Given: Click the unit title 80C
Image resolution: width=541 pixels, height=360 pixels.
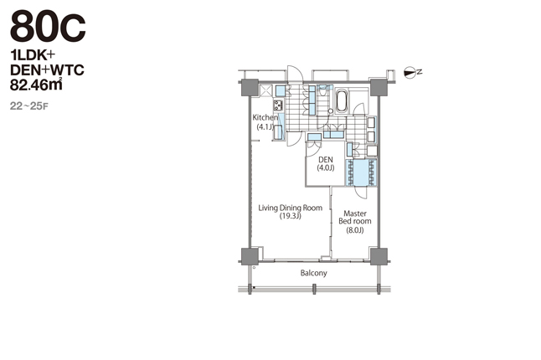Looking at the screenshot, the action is click(48, 26).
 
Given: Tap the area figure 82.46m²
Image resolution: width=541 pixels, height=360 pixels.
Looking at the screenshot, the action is click(36, 85).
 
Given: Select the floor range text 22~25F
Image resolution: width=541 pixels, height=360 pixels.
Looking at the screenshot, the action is click(29, 106).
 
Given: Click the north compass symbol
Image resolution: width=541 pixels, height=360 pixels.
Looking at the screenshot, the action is click(413, 72).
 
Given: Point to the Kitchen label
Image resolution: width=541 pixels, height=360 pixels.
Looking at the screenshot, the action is click(265, 117).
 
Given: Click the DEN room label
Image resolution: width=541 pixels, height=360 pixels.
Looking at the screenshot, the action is click(326, 160).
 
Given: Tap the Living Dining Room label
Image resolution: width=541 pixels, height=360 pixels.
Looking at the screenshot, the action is click(290, 208).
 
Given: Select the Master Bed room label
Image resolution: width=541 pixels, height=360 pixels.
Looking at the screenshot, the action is click(355, 217).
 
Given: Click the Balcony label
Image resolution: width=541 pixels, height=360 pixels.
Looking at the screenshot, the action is click(313, 273).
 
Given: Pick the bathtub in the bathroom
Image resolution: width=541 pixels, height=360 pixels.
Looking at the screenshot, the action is click(342, 100).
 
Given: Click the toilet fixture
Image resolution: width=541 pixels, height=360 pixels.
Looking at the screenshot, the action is click(323, 90).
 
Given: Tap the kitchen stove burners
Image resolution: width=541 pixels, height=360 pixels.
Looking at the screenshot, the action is click(278, 105).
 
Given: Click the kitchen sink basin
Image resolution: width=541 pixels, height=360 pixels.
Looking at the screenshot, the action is click(278, 132).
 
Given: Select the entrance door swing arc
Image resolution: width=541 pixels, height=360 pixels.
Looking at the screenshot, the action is click(296, 73).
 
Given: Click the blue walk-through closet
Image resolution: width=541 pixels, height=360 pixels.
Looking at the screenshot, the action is click(361, 172).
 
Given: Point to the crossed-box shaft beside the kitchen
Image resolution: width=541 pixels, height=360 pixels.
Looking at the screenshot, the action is click(265, 90).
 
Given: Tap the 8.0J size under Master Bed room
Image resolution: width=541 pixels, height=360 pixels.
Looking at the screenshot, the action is click(355, 230).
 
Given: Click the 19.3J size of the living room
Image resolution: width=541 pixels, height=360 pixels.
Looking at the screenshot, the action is click(290, 216).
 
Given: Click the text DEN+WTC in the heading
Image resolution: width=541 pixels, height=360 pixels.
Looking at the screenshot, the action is click(47, 70).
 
